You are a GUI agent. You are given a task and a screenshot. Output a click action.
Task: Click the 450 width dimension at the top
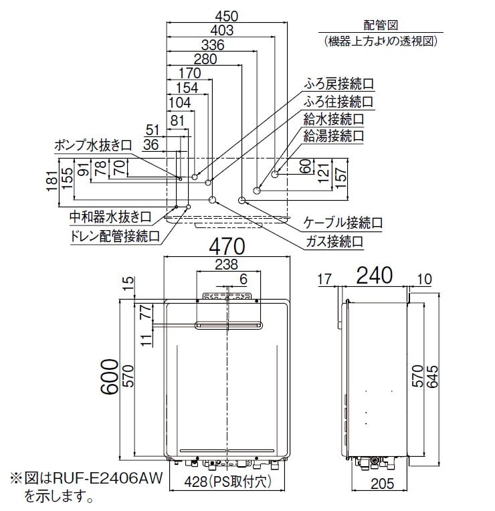pos(227,16)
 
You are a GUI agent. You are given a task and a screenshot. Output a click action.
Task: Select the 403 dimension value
pos(222,30)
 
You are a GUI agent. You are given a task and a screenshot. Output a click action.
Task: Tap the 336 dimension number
pos(213,45)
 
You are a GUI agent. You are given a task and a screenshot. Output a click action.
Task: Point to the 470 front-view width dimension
pos(227,247)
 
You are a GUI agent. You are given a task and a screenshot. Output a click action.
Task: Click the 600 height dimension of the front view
pos(109,377)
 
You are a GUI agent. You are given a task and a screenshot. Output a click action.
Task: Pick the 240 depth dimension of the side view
pos(375,276)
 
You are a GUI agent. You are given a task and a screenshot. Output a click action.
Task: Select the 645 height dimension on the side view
pos(432,377)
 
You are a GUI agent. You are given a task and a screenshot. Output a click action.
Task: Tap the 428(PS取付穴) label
pos(227,482)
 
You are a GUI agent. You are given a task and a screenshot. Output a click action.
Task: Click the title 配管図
pos(381,25)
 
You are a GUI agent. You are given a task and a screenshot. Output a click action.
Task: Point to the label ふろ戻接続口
pos(339,84)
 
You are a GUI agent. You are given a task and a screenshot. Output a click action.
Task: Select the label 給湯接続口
pos(334,136)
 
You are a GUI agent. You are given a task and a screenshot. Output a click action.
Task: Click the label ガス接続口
pos(334,242)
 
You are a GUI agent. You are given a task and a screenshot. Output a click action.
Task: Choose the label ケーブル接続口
pos(342,223)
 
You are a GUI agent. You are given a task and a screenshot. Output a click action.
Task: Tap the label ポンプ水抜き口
pos(93,145)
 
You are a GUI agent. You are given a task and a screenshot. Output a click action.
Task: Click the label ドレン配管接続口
pos(115,236)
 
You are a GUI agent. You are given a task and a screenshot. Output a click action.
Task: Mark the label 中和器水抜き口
pos(110,217)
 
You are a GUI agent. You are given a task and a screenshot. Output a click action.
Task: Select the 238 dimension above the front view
pos(227,264)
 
